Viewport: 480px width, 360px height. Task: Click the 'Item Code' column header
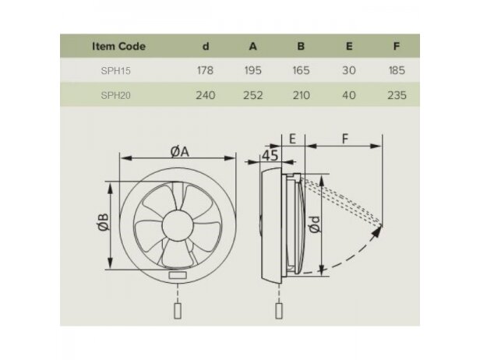tap(118, 46)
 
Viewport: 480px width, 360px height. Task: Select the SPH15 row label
tap(115, 71)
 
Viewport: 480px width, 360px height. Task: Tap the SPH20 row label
tap(115, 96)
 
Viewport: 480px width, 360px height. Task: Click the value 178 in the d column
tap(205, 70)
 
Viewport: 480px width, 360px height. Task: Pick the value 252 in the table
tap(252, 95)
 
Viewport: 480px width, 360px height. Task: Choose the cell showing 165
tap(301, 70)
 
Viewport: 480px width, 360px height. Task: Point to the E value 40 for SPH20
tap(348, 95)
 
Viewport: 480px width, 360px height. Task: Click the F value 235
tap(397, 95)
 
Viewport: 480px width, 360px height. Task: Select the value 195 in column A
tap(252, 70)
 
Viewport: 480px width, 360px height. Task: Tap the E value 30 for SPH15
tap(348, 70)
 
